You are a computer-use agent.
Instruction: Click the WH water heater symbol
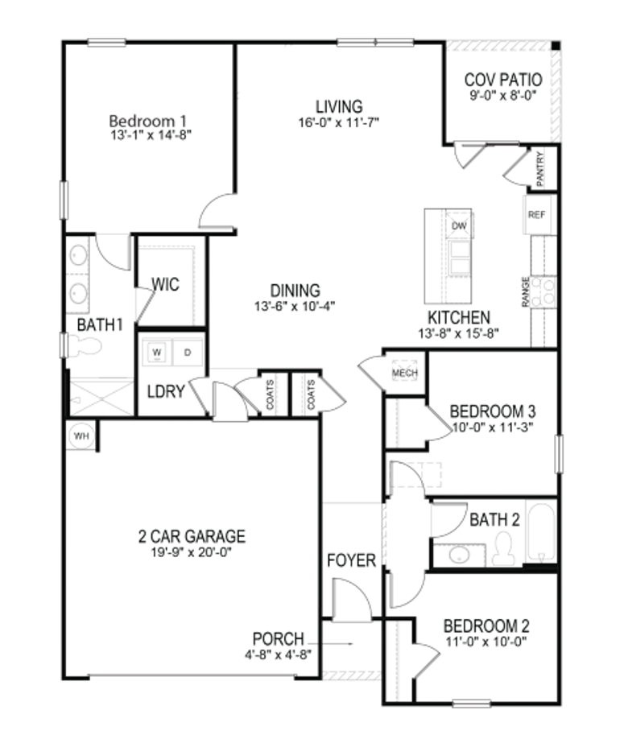click(x=81, y=436)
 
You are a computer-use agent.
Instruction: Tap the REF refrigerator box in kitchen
click(x=536, y=216)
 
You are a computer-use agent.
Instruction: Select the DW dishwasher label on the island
click(x=459, y=226)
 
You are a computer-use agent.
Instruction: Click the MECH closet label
click(x=403, y=374)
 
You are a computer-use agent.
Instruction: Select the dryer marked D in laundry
click(x=188, y=352)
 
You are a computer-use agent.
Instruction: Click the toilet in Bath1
click(x=85, y=346)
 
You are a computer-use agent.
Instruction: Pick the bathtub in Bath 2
click(x=541, y=533)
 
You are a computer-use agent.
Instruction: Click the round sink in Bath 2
click(x=460, y=555)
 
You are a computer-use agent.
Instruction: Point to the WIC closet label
click(x=165, y=284)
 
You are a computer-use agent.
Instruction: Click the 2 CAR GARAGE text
click(x=192, y=536)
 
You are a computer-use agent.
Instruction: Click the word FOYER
click(x=352, y=560)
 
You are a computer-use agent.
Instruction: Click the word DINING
click(x=295, y=291)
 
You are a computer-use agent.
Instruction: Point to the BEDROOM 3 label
click(x=493, y=408)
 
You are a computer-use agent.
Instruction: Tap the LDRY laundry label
click(x=167, y=392)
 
